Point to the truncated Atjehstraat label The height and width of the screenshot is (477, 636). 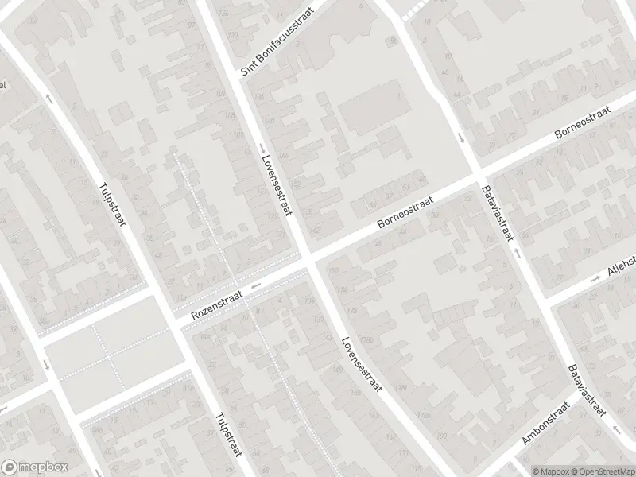coord(621,269)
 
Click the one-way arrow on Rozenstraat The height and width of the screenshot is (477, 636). coord(255,288)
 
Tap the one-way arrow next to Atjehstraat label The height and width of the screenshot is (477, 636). coord(595,279)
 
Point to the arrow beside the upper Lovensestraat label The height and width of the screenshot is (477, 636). coord(262,149)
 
